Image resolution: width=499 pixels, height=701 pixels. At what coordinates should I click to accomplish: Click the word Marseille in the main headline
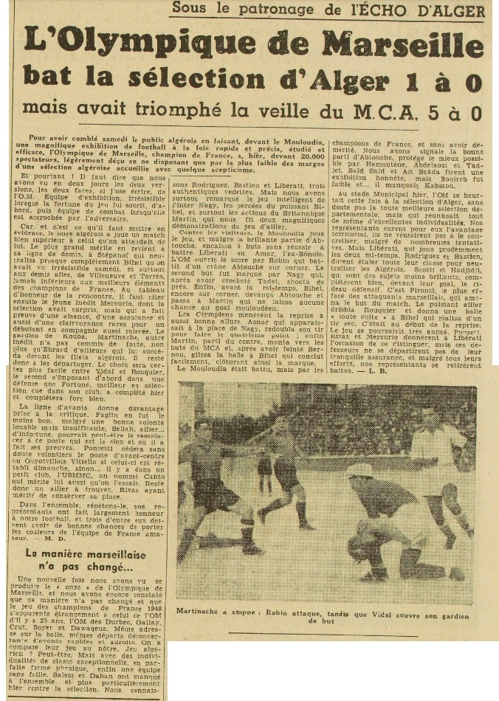(x=403, y=46)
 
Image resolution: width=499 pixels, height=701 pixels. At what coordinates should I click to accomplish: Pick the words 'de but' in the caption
(x=329, y=622)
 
